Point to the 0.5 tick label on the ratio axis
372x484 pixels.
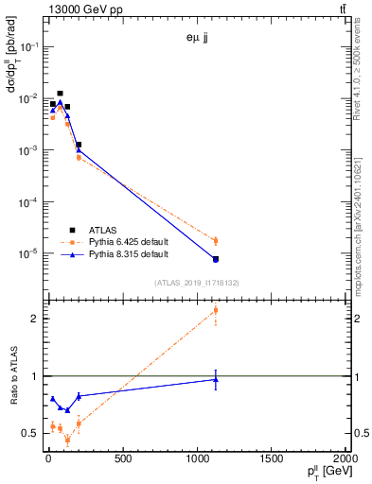[x=27, y=433]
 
